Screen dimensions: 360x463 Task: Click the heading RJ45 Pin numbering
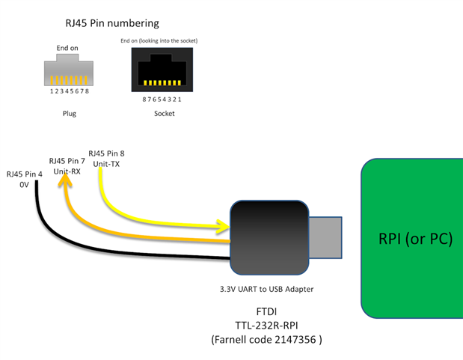tap(102, 24)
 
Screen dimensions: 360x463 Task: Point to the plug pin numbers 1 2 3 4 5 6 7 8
tap(70, 91)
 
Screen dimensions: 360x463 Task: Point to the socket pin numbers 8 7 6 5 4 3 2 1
tap(161, 98)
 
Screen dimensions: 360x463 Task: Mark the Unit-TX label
tap(106, 163)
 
